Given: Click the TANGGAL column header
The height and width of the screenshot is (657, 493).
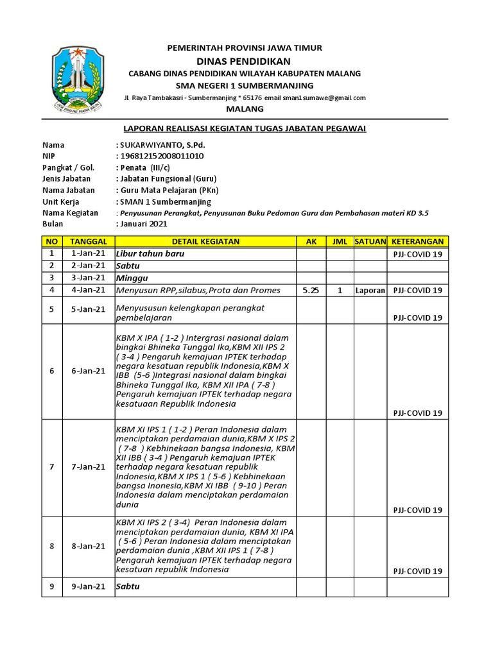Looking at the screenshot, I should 87,241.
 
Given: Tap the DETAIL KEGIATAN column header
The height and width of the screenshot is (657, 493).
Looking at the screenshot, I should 205,241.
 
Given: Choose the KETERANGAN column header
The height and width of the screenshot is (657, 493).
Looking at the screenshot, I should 418,241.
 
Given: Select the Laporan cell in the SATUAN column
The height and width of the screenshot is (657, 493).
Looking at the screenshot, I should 369,290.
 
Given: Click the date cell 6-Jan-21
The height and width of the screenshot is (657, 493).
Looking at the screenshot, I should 87,371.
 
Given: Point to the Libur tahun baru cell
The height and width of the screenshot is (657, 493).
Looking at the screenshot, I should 143,253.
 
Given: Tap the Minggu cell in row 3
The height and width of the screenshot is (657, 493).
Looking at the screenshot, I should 132,278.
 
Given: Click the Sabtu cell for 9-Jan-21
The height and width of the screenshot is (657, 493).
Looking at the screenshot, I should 128,586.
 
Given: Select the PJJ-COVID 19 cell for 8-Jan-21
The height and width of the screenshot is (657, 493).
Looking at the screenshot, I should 418,571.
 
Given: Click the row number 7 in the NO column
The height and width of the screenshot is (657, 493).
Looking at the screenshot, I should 51,466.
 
